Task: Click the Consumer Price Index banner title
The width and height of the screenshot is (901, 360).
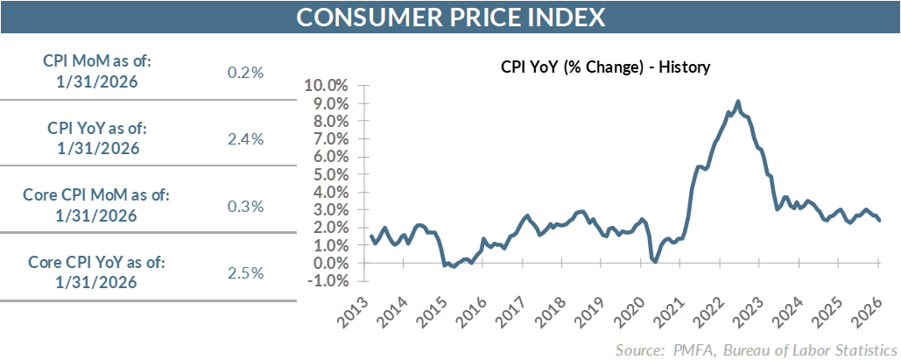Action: [450, 17]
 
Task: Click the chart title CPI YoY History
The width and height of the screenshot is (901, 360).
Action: [604, 67]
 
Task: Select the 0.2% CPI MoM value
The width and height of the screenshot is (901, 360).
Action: [245, 73]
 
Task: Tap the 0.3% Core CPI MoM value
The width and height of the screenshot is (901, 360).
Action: [245, 207]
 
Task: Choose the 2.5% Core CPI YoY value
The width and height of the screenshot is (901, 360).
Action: [245, 272]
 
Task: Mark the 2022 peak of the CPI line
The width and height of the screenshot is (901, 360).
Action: [738, 102]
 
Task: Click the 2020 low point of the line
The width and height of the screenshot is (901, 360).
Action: [655, 260]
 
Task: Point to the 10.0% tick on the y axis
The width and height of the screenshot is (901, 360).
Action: [326, 86]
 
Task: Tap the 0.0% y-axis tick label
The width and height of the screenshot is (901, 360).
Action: [329, 264]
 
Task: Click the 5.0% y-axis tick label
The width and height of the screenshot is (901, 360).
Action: [329, 174]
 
